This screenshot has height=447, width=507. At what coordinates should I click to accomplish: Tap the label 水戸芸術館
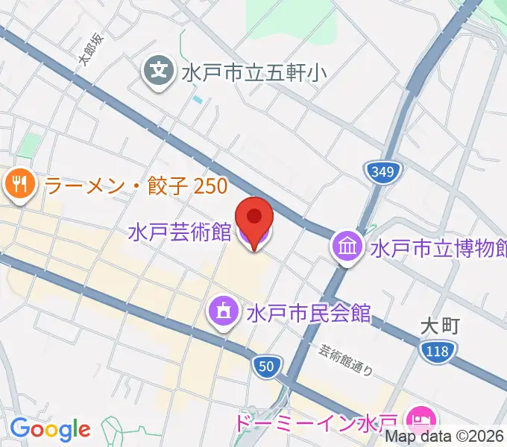179,232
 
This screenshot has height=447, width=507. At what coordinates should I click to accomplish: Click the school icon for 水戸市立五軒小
158,72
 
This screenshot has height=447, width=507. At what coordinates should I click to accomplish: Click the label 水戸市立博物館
438,247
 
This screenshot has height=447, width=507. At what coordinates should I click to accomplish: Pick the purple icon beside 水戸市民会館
224,311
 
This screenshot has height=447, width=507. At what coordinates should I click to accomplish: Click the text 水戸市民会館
309,311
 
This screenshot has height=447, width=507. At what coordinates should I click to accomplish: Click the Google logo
50,428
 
